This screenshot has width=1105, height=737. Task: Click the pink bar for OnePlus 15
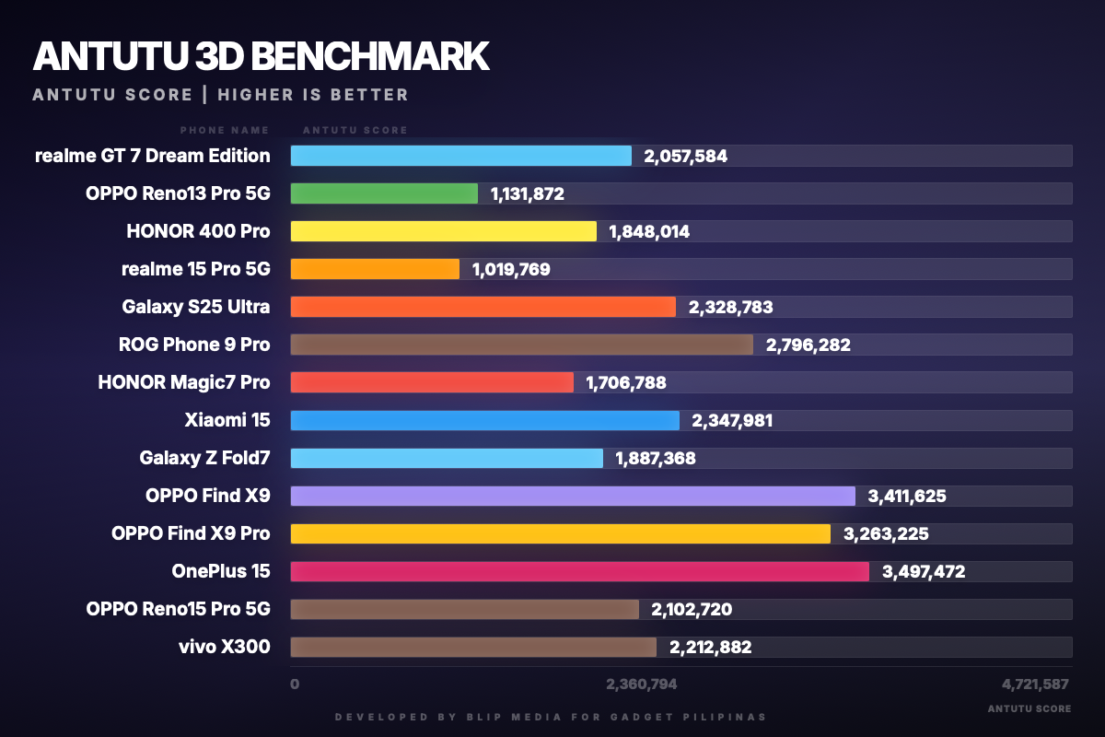click(x=579, y=571)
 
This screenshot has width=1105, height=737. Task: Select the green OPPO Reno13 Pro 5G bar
click(x=384, y=193)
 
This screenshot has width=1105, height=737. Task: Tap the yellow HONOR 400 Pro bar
click(x=443, y=231)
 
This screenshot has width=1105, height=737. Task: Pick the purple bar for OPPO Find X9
click(x=573, y=496)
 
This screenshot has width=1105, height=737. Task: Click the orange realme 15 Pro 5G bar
click(x=375, y=269)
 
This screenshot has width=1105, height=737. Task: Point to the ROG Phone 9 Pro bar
click(x=521, y=345)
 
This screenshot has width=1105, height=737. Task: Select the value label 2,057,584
click(x=685, y=156)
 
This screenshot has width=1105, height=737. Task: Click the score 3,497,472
click(x=923, y=571)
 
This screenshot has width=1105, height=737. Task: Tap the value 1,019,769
click(x=511, y=269)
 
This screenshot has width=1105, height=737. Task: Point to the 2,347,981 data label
click(x=732, y=420)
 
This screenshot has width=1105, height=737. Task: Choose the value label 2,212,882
click(x=710, y=647)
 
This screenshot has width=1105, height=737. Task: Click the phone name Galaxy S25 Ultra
click(x=196, y=307)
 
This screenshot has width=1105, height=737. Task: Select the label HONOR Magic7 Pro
click(x=184, y=382)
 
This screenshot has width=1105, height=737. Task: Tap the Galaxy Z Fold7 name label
click(x=204, y=458)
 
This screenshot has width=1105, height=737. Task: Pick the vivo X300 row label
click(x=225, y=647)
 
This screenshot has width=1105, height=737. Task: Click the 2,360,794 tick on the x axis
click(x=641, y=684)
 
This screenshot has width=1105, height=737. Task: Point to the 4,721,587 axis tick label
click(x=1035, y=684)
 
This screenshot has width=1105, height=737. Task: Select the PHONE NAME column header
click(x=225, y=130)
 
